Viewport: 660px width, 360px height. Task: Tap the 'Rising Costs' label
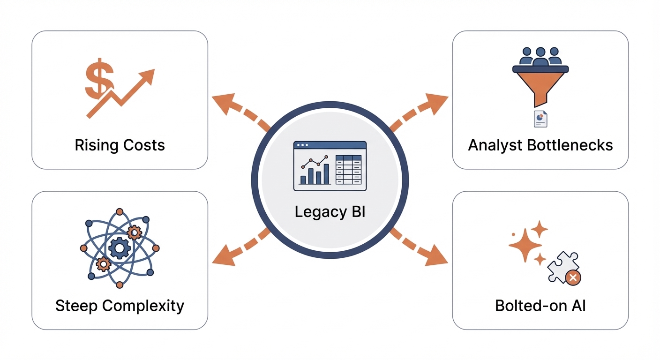120,145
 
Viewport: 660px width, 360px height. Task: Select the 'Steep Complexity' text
120,306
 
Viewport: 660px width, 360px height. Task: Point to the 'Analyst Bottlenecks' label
540,145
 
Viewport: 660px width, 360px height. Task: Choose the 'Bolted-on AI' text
540,306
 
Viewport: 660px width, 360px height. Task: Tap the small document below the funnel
540,119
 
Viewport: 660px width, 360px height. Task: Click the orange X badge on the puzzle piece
573,277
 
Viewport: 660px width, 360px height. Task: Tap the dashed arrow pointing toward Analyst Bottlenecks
419,111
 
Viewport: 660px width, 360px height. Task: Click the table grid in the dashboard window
349,170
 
